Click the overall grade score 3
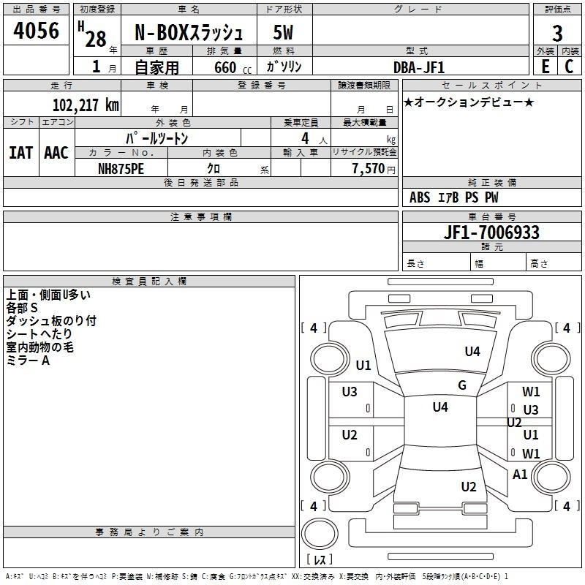point(557,33)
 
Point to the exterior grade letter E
point(545,67)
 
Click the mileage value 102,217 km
point(86,105)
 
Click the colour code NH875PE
point(121,168)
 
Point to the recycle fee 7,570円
point(373,168)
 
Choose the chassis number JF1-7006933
point(491,233)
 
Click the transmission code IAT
point(20,152)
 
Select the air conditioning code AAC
point(56,152)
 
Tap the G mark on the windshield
point(461,385)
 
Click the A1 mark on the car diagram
point(520,474)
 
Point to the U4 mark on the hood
point(472,352)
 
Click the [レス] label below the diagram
point(319,560)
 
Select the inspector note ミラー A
point(28,361)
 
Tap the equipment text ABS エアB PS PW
point(455,197)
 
